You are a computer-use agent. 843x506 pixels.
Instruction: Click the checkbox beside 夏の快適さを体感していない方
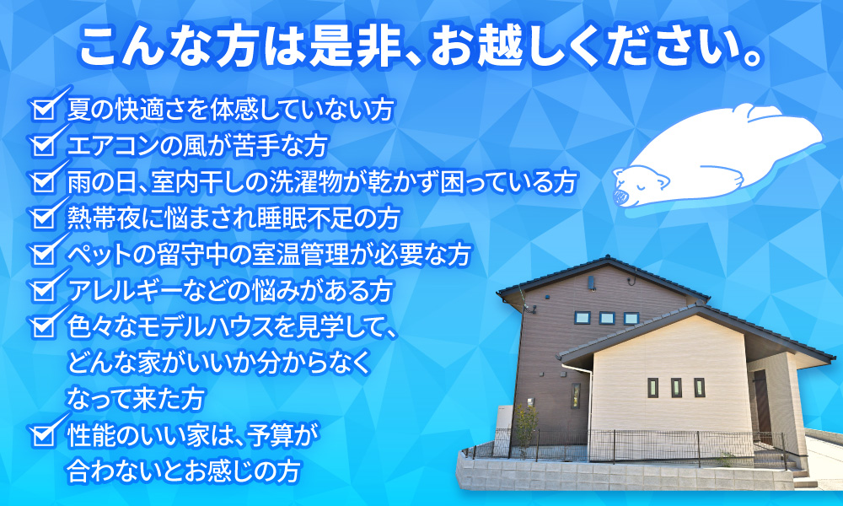(44, 110)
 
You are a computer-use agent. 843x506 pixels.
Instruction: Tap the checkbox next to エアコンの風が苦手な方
(44, 146)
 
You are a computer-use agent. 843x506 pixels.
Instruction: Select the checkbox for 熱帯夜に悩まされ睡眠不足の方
(44, 218)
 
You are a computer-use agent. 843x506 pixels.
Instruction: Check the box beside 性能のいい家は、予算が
(44, 435)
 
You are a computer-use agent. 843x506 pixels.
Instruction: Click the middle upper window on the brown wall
(606, 318)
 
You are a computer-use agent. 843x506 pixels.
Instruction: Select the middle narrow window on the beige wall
(676, 387)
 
